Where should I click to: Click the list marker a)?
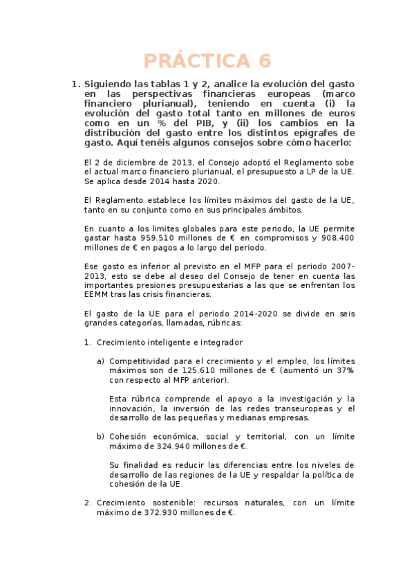pos(101,361)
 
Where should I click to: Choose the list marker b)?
pos(101,437)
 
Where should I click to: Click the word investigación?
pos(299,399)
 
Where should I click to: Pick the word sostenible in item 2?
pos(170,503)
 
